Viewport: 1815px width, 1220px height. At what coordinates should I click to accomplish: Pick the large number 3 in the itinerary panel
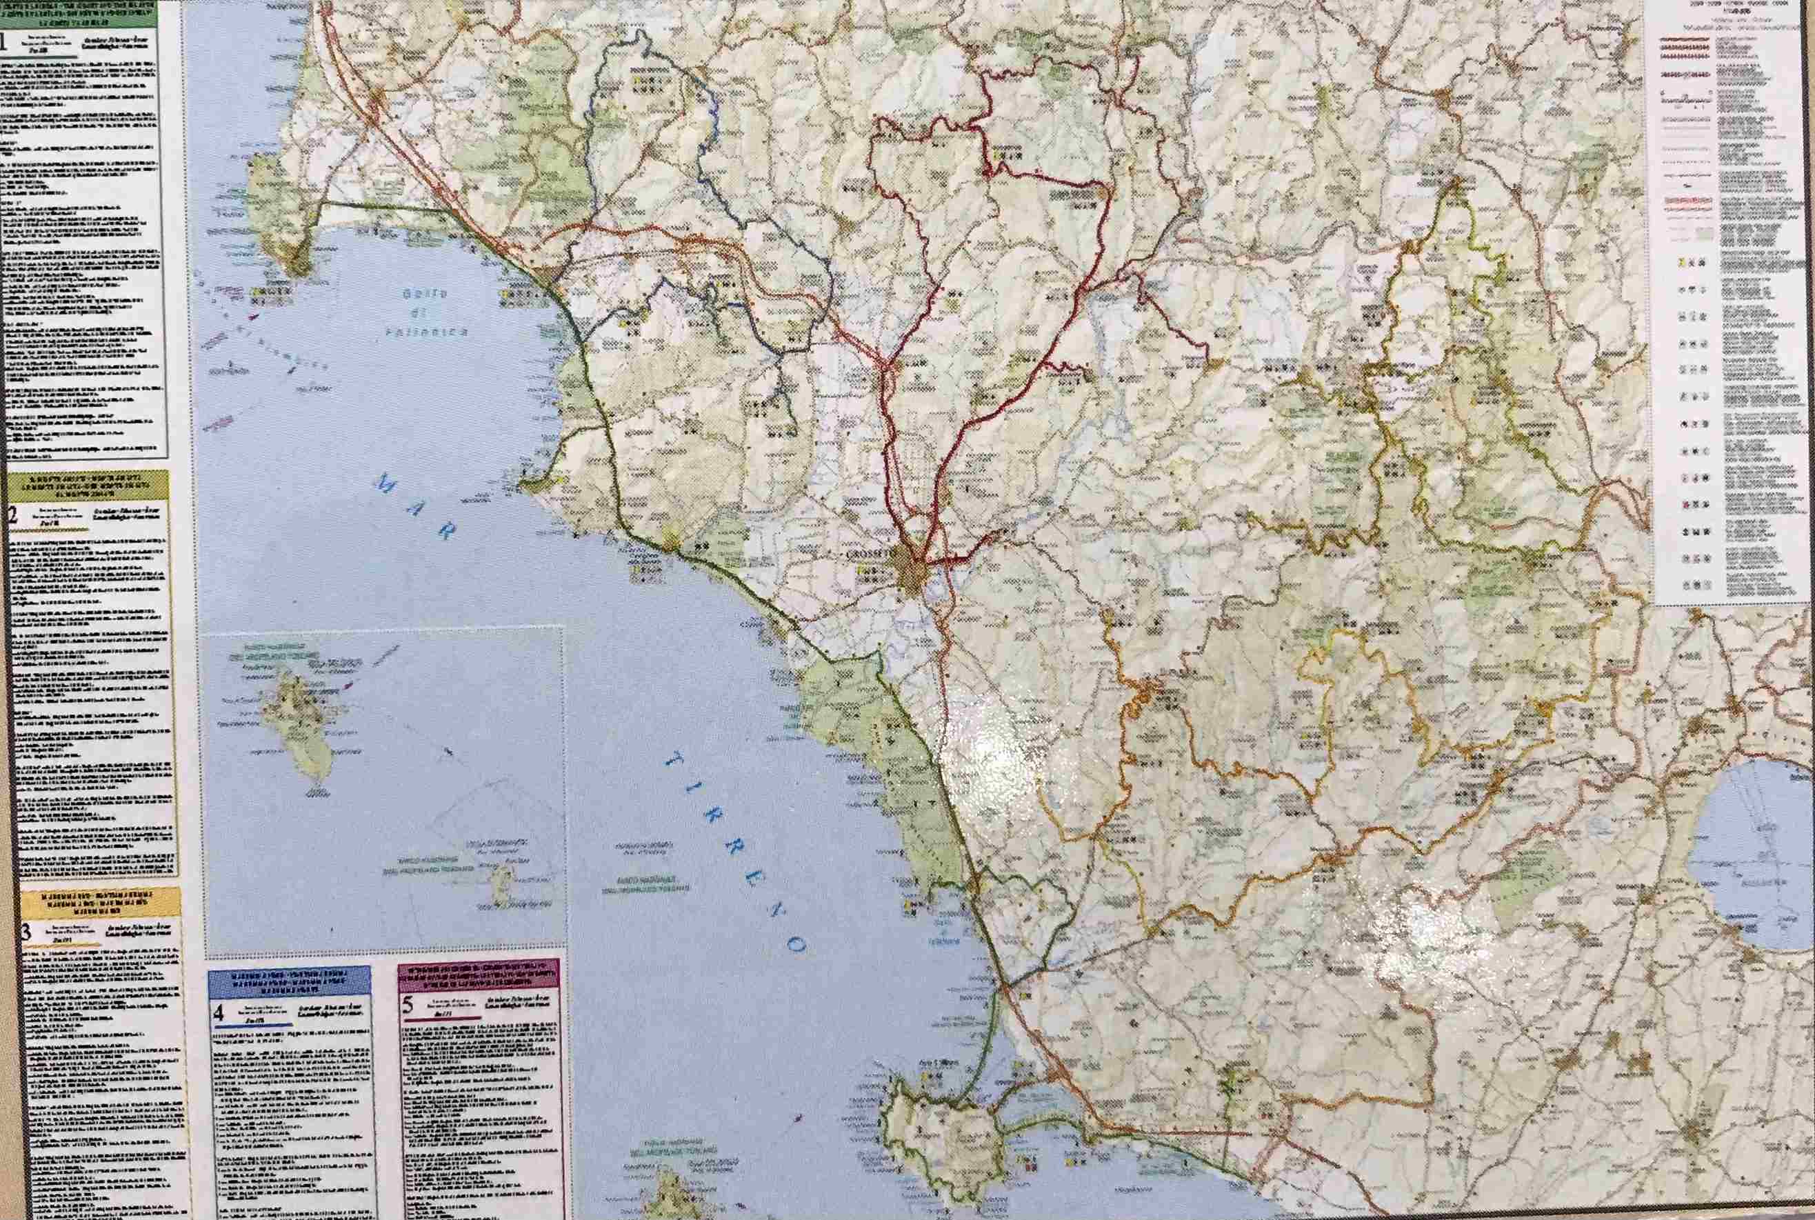coord(26,931)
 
